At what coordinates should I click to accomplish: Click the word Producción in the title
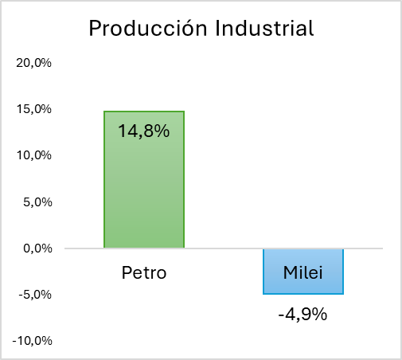[x=148, y=28]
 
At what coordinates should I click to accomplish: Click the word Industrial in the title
[x=264, y=28]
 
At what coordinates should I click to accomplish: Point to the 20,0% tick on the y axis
[x=33, y=63]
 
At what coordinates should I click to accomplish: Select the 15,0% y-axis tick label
[x=33, y=109]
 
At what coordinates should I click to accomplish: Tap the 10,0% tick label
[x=33, y=155]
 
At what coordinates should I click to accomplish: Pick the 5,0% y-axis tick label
[x=37, y=202]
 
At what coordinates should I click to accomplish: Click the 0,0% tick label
[x=37, y=248]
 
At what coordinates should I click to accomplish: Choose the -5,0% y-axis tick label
[x=35, y=295]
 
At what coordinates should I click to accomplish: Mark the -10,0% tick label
[x=32, y=341]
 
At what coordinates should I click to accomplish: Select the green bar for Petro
[x=144, y=180]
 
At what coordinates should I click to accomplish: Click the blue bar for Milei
[x=303, y=272]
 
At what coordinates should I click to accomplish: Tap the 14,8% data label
[x=143, y=131]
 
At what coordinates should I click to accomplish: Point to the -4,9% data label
[x=302, y=315]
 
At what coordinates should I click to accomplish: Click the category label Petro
[x=144, y=272]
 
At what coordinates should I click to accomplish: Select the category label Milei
[x=303, y=272]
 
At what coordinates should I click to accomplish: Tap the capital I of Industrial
[x=217, y=28]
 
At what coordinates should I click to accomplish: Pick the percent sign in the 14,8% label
[x=161, y=131]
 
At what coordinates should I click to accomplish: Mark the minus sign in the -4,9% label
[x=281, y=315]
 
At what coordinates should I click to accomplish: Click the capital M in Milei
[x=291, y=272]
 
